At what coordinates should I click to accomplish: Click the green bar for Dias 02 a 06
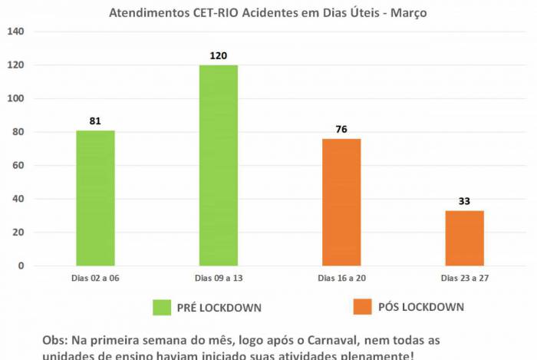95,198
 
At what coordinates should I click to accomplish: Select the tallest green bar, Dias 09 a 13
219,165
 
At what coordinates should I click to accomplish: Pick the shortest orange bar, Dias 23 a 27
464,238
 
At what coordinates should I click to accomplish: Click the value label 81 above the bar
95,121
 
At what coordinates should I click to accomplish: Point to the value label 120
219,55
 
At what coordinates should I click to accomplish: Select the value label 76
341,129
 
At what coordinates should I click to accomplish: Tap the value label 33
464,201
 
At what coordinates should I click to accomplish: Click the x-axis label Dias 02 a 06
96,278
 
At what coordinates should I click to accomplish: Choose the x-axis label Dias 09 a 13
219,278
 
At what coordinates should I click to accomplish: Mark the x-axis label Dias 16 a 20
341,278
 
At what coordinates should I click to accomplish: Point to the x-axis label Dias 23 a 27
464,278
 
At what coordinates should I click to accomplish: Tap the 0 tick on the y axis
21,266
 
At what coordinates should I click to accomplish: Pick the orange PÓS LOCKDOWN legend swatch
361,307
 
